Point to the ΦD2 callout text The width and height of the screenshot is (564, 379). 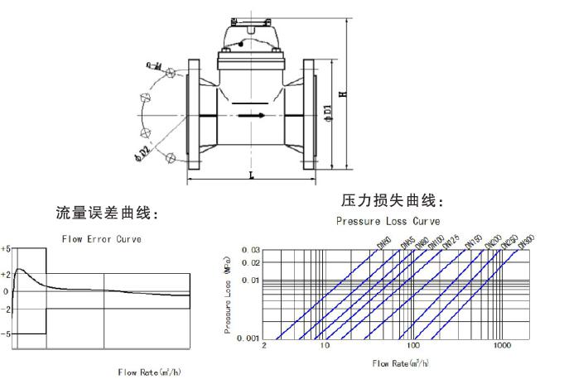click(142, 152)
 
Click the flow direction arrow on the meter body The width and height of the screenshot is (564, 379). click(252, 115)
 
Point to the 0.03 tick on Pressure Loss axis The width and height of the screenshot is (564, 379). click(249, 250)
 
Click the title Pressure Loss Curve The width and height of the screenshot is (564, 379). click(388, 222)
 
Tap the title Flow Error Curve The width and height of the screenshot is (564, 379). click(102, 239)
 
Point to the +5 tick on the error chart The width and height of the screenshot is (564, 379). click(6, 248)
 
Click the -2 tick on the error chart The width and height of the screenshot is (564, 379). click(6, 309)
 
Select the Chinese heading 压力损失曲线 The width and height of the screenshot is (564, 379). click(393, 201)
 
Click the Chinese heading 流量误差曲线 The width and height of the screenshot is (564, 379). click(107, 214)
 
